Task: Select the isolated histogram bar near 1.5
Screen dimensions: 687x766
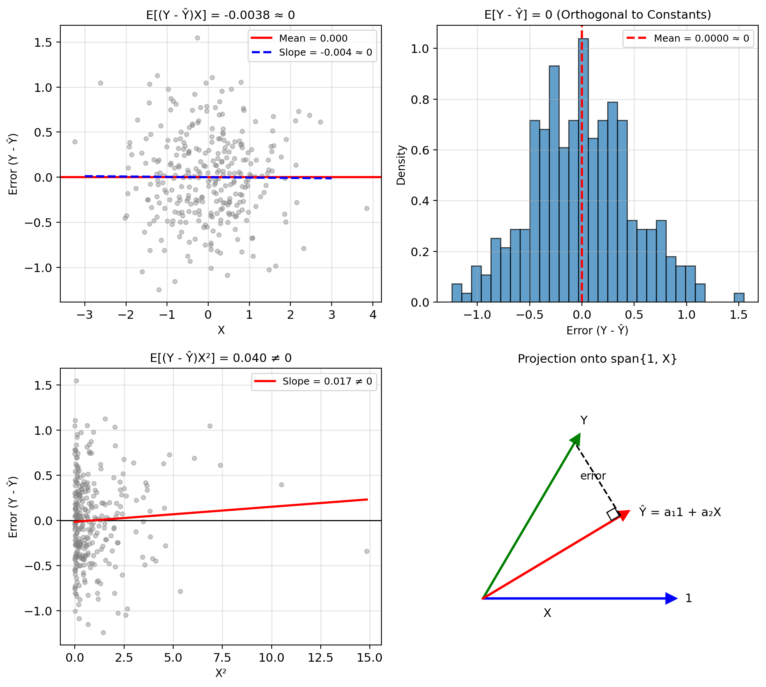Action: [x=739, y=297]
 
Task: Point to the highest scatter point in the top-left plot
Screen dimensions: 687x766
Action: [x=197, y=38]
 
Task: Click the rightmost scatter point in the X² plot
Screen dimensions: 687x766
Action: [x=367, y=551]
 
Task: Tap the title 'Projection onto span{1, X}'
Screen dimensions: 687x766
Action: [x=597, y=359]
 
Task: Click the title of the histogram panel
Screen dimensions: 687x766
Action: [x=597, y=15]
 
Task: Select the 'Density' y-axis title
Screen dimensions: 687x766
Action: [x=401, y=165]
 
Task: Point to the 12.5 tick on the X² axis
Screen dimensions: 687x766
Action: [x=320, y=658]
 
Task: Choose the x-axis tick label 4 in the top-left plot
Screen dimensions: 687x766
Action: [x=373, y=315]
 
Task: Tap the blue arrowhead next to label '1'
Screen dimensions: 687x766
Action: [x=671, y=598]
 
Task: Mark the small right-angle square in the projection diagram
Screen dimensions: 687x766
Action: [x=613, y=514]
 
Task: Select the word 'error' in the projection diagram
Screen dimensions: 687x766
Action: [x=593, y=476]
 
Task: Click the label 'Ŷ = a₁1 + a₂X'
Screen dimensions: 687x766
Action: [x=680, y=512]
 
